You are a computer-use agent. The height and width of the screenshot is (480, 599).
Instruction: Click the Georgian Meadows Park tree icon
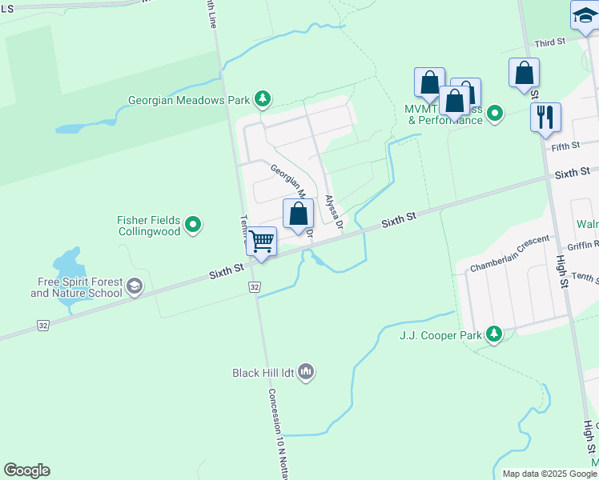point(262,100)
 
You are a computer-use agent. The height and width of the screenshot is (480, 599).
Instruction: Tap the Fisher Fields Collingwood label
point(149,226)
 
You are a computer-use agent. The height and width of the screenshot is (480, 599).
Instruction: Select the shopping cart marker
point(261,242)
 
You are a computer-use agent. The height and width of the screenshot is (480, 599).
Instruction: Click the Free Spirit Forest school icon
point(135,286)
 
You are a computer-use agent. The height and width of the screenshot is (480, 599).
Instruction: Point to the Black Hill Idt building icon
point(306,372)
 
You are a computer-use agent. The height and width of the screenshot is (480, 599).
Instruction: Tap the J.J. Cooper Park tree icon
point(494,334)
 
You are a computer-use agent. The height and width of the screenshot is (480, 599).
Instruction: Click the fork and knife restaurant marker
point(545,118)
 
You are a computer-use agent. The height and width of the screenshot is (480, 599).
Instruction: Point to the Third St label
point(550,42)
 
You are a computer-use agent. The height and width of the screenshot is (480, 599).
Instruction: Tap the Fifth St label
point(565,146)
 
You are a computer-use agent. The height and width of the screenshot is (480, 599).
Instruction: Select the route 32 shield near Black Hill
point(254,286)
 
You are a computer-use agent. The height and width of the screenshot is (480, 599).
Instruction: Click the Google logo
point(26,470)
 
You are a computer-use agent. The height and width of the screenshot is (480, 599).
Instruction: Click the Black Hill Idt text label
point(263,373)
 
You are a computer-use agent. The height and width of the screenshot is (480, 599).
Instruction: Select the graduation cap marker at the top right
point(585,16)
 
